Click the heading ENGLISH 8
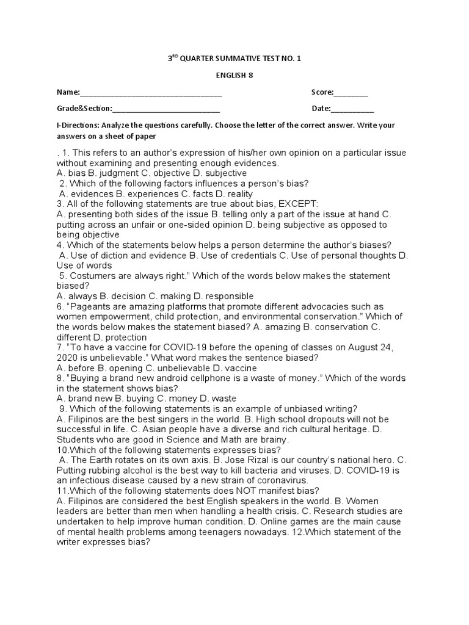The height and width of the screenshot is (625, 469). (x=234, y=76)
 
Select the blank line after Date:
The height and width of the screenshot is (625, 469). (x=352, y=109)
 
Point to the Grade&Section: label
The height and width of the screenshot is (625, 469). (x=84, y=109)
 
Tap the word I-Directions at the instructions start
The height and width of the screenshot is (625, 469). (x=78, y=125)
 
